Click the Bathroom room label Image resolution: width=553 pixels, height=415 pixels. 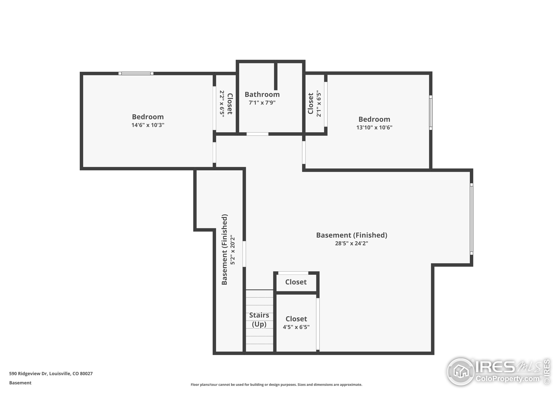point(262,94)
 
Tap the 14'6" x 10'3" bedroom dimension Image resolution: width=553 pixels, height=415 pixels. point(148,125)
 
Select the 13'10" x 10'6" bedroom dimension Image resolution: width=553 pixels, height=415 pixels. point(374,127)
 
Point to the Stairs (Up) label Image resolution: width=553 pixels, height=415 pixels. point(259,319)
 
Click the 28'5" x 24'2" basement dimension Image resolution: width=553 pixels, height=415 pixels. point(351,243)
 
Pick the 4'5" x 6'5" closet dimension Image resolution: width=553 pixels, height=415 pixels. point(296,327)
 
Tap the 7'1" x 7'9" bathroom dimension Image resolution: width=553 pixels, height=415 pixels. point(262,103)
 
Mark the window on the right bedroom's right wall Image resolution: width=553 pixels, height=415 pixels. point(431,113)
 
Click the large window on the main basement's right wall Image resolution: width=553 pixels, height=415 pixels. point(472,219)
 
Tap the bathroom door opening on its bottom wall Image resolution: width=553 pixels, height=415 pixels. point(257,134)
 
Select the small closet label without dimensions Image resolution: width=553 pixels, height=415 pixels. point(296,282)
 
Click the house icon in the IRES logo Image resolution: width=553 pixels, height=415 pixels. point(461,372)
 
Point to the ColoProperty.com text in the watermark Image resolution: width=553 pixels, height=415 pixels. point(507,378)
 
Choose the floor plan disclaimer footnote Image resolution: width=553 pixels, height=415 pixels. point(276,385)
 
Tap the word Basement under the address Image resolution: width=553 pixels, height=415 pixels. point(20,383)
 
